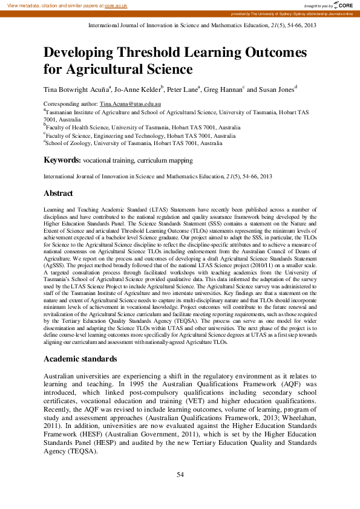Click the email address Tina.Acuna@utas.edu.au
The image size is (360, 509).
130,105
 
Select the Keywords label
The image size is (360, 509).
62,160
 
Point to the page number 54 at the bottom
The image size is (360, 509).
180,475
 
